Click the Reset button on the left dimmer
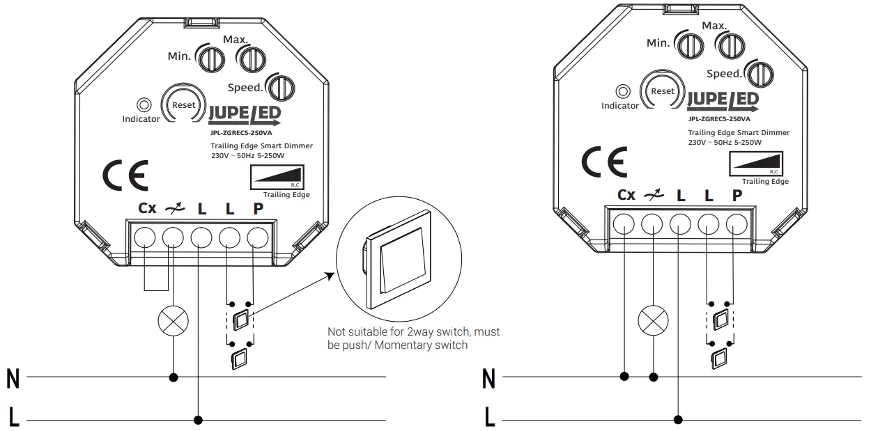pos(184,105)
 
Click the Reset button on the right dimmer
pos(662,91)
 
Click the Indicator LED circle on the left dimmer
pos(144,105)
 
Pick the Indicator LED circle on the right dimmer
pos(623,91)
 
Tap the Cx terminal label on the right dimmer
pos(626,195)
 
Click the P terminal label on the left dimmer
pos(258,208)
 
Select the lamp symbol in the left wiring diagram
pos(172,321)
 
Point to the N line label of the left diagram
pos(13,379)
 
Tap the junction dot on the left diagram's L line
pos(199,420)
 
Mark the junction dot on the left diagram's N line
pos(173,378)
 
